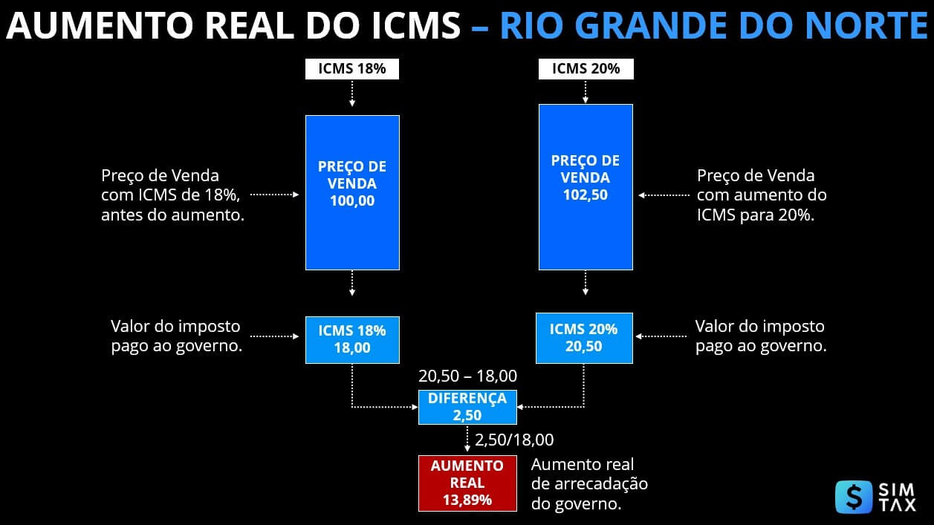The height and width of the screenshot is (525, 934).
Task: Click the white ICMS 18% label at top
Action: [352, 69]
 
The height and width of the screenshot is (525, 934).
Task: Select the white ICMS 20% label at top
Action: [586, 69]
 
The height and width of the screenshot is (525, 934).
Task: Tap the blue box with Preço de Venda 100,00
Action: [352, 192]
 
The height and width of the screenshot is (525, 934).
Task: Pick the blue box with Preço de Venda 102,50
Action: [586, 186]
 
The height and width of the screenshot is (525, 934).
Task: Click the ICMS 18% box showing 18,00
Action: [352, 339]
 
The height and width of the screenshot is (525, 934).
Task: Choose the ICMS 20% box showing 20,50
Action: [584, 338]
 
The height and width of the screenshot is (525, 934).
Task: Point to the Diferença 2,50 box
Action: [467, 407]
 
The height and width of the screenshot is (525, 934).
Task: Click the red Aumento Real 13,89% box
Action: [467, 483]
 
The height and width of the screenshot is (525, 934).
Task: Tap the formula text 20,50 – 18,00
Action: [467, 376]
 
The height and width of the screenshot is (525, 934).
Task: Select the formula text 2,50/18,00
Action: [515, 440]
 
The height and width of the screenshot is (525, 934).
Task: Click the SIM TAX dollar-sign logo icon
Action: [854, 497]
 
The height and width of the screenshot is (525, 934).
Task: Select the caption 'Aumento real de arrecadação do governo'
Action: [589, 484]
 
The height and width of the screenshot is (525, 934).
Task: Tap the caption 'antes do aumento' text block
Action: [173, 196]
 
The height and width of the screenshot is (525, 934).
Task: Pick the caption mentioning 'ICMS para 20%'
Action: [762, 196]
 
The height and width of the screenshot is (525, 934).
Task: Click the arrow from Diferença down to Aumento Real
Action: [467, 438]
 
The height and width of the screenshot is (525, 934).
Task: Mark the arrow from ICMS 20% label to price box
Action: [586, 91]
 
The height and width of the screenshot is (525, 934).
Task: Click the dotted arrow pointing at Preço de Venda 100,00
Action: [274, 195]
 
